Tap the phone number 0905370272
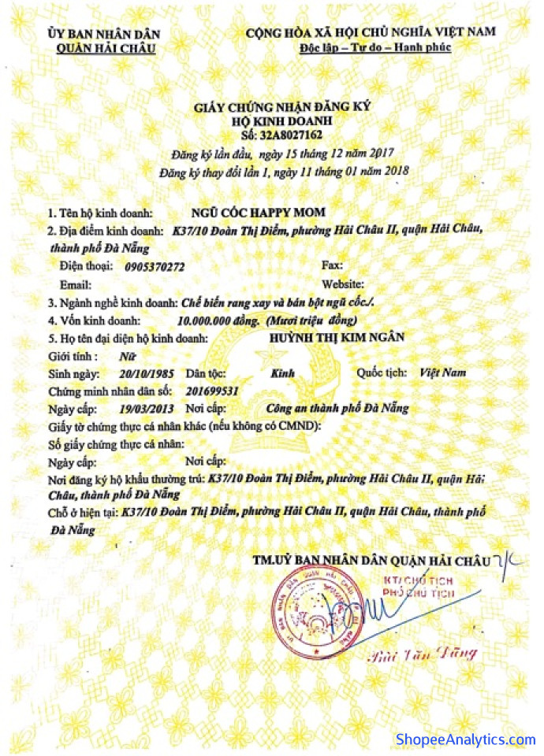pos(155,267)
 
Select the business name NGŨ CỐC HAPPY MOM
pos(247,213)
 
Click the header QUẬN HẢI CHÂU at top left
pos(106,48)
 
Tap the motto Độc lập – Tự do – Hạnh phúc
pos(374,47)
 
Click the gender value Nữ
pos(122,355)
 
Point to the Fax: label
pos(332,266)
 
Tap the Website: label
pos(342,284)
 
